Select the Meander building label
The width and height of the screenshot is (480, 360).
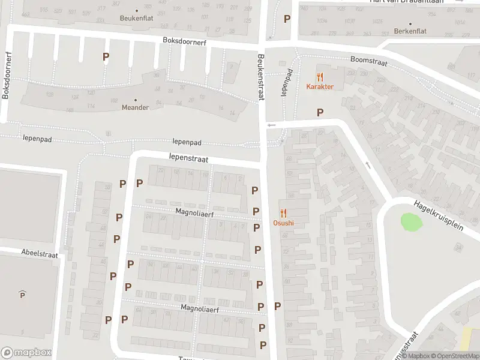(x=135, y=107)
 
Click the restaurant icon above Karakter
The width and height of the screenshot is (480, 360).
(x=320, y=77)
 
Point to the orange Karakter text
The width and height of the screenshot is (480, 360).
(x=320, y=86)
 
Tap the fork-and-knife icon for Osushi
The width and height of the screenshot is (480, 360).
(x=283, y=213)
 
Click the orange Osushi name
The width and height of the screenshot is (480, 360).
(x=284, y=223)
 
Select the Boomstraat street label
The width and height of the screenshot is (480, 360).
(x=369, y=61)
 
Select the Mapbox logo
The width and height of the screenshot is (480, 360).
(x=26, y=353)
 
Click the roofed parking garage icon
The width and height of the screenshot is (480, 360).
(x=22, y=294)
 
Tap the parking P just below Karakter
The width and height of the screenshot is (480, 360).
(x=320, y=112)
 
